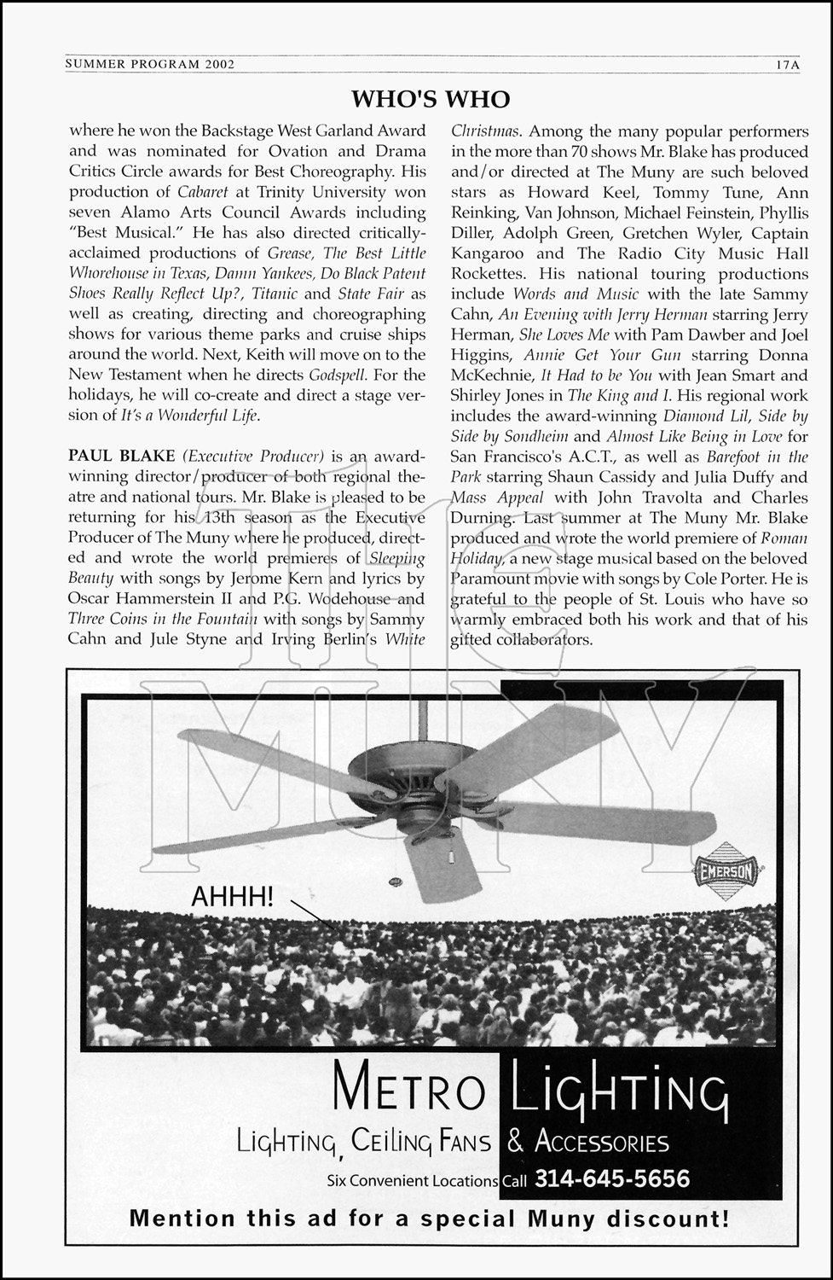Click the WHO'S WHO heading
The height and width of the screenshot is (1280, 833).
431,99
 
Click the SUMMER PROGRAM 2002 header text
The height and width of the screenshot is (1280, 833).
150,64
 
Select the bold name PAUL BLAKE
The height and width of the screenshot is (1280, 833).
122,457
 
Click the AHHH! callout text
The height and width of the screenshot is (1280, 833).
233,896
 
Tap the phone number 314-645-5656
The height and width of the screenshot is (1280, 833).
612,1179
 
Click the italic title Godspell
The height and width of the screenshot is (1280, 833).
338,375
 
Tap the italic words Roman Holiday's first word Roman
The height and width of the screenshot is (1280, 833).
784,538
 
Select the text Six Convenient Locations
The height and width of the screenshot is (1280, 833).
412,1182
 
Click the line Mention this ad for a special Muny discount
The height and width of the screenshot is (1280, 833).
430,1219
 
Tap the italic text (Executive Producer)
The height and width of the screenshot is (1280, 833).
254,457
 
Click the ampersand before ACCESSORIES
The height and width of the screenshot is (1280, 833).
517,1142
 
